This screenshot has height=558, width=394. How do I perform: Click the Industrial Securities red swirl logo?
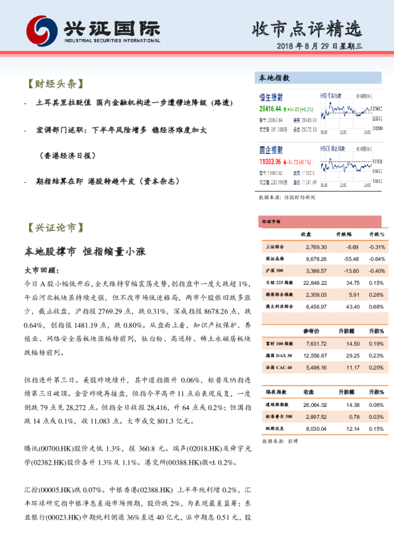point(42,30)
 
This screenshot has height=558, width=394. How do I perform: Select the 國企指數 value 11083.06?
point(270,161)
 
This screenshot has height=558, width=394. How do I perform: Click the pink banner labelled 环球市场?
point(271,222)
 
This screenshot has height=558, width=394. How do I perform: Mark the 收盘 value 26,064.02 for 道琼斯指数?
point(314,404)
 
